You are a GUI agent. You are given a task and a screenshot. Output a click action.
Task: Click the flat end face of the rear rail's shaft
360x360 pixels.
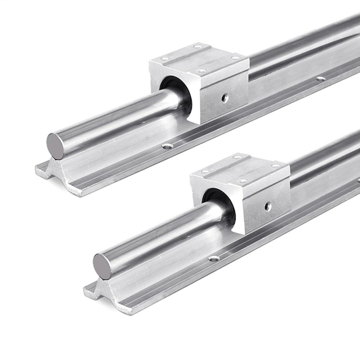55,146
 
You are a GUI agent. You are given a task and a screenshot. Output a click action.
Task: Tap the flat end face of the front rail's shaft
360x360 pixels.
102,266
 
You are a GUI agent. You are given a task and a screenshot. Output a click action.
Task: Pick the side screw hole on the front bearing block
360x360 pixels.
268,205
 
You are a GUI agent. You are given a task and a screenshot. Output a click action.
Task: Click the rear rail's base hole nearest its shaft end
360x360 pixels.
167,146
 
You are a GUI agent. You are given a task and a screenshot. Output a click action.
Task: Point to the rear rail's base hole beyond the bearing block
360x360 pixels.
320,78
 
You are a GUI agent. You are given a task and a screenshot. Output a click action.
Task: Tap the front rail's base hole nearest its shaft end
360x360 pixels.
214,258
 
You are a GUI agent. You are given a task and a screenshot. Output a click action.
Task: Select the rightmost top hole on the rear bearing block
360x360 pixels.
234,58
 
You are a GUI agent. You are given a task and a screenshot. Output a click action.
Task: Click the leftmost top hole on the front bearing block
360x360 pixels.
205,172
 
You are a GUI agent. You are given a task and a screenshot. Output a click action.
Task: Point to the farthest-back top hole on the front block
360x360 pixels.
238,157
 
